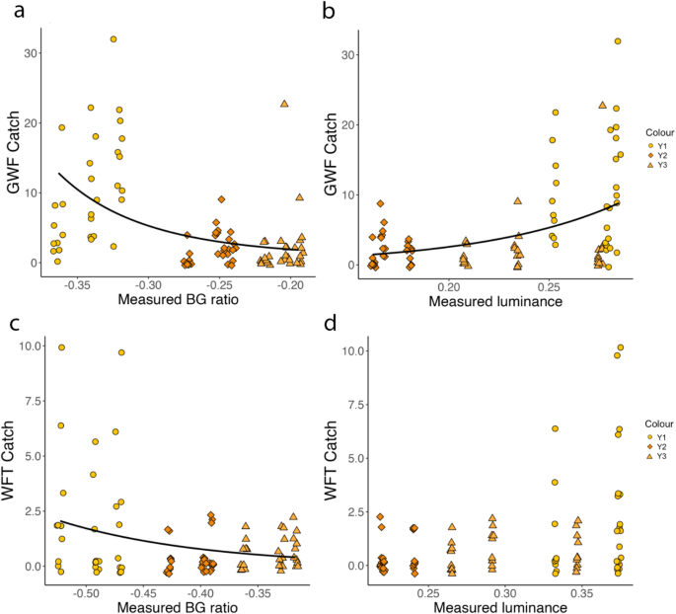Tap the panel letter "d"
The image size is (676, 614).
(345, 323)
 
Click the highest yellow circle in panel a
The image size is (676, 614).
(113, 39)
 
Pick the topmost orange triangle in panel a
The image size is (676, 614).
(284, 104)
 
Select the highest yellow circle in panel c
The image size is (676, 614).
(61, 347)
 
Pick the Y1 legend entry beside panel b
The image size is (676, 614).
(652, 145)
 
